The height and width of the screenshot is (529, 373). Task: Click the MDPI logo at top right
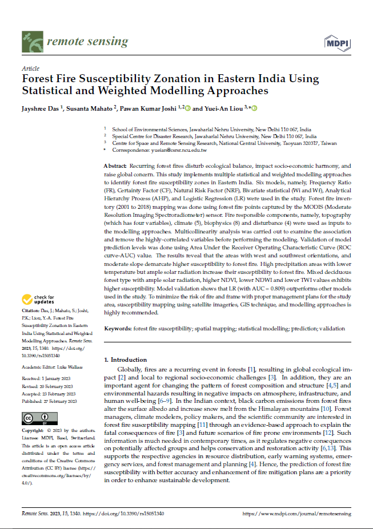(338, 43)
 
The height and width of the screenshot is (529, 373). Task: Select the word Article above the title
(30, 68)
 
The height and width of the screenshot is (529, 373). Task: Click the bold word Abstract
(115, 165)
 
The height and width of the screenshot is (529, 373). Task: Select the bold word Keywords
(117, 329)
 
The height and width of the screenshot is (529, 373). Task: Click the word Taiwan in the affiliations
(327, 143)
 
